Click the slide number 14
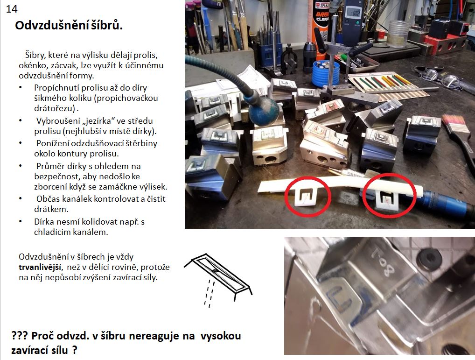pos(12,9)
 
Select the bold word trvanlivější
pos(40,267)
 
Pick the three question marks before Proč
pos(20,336)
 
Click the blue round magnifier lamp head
pos(264,110)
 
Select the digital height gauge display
pos(353,13)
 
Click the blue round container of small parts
pos(326,74)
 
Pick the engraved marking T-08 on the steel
pos(383,261)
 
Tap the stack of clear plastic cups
pos(398,34)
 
